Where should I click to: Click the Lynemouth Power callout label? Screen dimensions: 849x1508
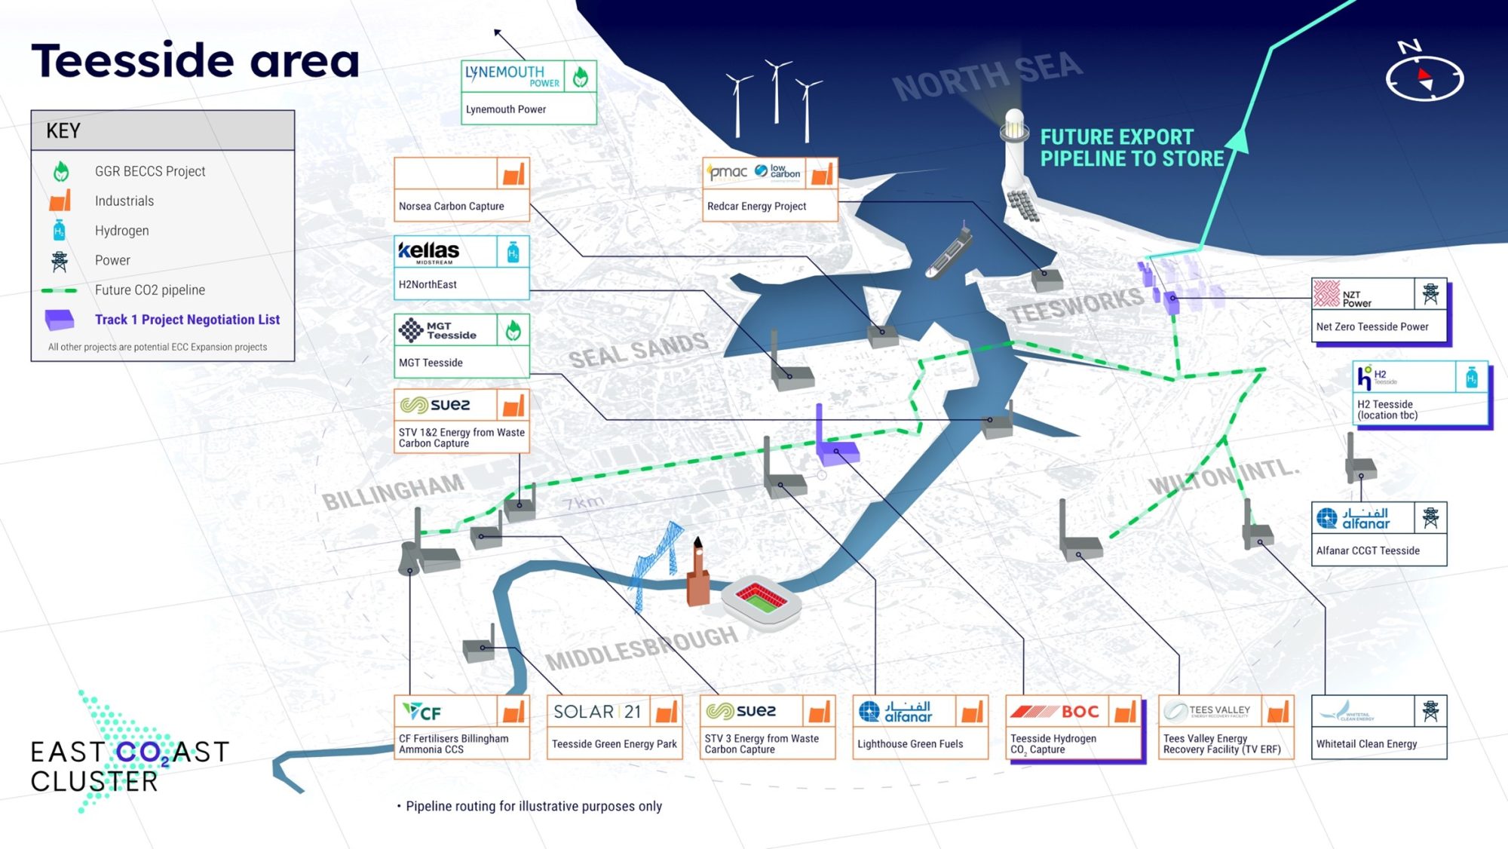coord(506,109)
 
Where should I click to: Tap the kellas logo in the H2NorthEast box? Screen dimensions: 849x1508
coord(429,252)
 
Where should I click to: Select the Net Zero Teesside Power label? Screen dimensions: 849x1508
coord(1372,326)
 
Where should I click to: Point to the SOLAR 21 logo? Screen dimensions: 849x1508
coord(596,711)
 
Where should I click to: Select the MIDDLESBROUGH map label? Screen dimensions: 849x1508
coord(642,648)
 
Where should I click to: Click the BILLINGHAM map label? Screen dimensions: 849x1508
coord(393,492)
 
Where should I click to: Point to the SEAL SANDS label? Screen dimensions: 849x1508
coord(638,351)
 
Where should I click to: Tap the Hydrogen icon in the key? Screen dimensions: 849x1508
coord(60,231)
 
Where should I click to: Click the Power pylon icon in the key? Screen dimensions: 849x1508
coord(60,261)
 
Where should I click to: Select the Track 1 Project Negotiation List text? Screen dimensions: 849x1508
coord(187,320)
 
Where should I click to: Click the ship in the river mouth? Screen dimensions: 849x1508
coord(949,253)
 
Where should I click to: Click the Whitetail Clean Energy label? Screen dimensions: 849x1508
coord(1366,744)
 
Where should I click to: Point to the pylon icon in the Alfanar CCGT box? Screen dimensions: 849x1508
coord(1430,518)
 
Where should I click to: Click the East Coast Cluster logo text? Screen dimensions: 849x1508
coord(128,765)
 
